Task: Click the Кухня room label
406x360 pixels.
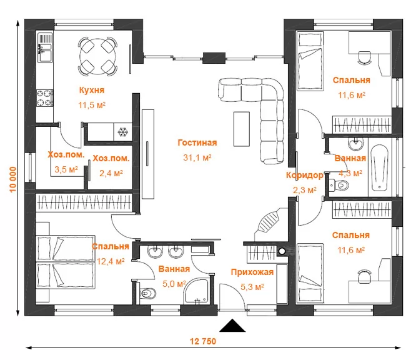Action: click(92, 90)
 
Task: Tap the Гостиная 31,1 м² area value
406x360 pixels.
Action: click(197, 157)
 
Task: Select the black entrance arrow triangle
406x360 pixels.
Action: click(232, 326)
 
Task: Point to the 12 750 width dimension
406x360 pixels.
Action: click(203, 341)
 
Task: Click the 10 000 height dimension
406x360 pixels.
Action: click(13, 179)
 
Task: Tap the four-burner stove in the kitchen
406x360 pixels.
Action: click(45, 97)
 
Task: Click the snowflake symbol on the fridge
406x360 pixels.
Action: click(123, 132)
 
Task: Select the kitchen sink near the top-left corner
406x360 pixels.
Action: click(45, 47)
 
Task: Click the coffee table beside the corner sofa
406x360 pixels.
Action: click(242, 129)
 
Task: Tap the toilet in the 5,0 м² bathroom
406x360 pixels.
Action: click(147, 293)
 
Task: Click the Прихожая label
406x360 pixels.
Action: click(252, 272)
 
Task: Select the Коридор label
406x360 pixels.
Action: click(305, 176)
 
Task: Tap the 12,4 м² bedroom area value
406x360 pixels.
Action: click(111, 261)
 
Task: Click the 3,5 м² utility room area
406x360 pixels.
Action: click(66, 169)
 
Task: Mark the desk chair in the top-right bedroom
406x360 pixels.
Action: click(364, 57)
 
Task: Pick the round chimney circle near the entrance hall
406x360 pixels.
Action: click(282, 251)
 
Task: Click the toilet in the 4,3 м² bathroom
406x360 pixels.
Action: click(339, 185)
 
